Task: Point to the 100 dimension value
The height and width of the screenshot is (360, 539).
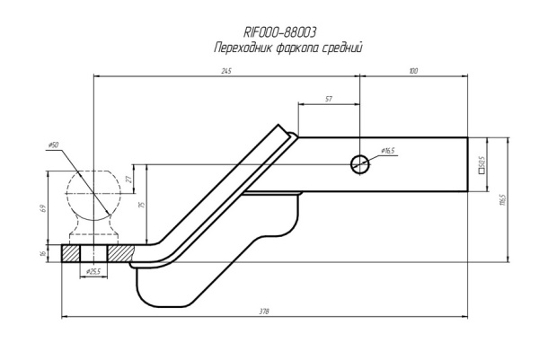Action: coord(412,71)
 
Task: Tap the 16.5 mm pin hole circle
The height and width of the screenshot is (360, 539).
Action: coord(359,163)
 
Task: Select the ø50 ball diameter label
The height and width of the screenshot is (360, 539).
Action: coord(54,145)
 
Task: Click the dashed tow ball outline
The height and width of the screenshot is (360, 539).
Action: coord(93,189)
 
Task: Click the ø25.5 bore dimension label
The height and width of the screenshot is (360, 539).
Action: coord(92,270)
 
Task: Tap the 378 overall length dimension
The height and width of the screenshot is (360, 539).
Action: coord(264,312)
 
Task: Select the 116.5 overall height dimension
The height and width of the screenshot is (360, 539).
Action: coord(503,198)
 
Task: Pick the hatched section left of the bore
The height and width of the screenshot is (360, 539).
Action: coord(70,253)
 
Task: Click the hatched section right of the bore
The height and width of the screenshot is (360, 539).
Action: coord(122,253)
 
